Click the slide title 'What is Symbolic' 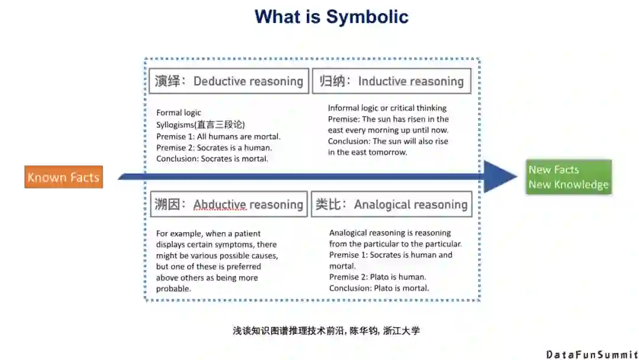pyautogui.click(x=331, y=17)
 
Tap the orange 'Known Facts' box pyautogui.click(x=63, y=177)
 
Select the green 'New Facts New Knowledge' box pyautogui.click(x=569, y=177)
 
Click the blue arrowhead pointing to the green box pyautogui.click(x=500, y=176)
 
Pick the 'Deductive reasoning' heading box pyautogui.click(x=228, y=81)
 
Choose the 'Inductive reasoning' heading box pyautogui.click(x=391, y=81)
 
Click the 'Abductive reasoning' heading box pyautogui.click(x=228, y=204)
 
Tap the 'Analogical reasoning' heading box pyautogui.click(x=391, y=204)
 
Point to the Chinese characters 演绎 pyautogui.click(x=167, y=81)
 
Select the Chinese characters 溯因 pyautogui.click(x=167, y=204)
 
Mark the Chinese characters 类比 pyautogui.click(x=328, y=204)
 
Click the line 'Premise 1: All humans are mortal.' pyautogui.click(x=218, y=136)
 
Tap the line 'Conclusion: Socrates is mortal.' pyautogui.click(x=212, y=159)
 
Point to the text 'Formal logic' pyautogui.click(x=179, y=112)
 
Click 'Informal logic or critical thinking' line pyautogui.click(x=388, y=108)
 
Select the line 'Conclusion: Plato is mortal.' pyautogui.click(x=379, y=288)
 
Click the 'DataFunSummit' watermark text pyautogui.click(x=592, y=354)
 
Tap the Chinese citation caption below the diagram pyautogui.click(x=326, y=330)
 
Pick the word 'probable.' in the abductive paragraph pyautogui.click(x=173, y=289)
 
